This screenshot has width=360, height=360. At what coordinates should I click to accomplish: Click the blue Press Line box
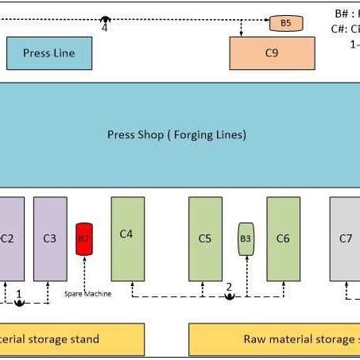49,53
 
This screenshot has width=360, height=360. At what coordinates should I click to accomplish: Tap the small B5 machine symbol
285,23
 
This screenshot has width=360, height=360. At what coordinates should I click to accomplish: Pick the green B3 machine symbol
246,238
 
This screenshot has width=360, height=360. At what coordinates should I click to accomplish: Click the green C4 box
127,238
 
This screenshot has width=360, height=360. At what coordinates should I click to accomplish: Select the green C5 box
205,238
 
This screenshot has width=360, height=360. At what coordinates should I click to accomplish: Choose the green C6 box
283,238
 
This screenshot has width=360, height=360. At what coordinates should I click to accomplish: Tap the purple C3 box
50,238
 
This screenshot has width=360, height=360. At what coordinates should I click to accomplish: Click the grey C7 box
346,238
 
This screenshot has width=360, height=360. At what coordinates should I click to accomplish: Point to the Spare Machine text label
87,294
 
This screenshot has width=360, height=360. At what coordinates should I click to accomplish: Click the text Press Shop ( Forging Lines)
176,134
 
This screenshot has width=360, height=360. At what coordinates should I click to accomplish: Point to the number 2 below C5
229,287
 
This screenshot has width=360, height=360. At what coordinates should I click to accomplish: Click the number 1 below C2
19,293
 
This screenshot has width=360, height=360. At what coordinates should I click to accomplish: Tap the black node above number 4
105,18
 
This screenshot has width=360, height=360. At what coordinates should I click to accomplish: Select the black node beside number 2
229,296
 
